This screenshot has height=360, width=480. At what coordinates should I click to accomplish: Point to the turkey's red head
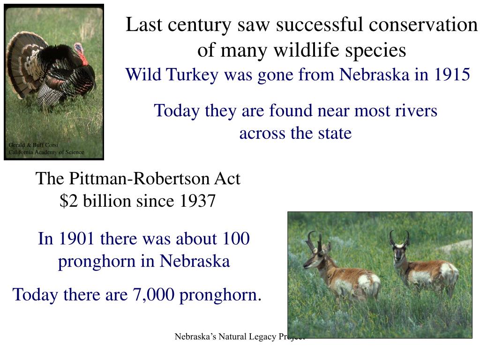click(81, 53)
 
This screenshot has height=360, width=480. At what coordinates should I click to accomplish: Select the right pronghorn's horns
click(398, 238)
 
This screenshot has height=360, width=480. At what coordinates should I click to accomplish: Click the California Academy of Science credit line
click(46, 152)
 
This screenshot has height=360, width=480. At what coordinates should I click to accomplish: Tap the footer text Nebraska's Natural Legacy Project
click(239, 337)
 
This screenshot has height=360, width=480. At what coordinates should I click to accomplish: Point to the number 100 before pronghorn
click(236, 239)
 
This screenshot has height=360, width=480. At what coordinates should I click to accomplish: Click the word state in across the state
click(333, 133)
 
